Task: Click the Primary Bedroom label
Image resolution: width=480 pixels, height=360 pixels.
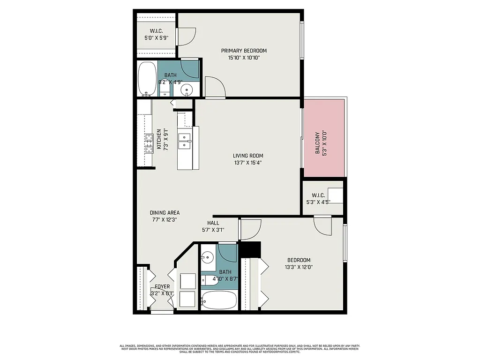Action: click(244, 51)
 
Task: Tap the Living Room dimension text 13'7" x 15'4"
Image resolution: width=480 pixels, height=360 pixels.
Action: click(248, 163)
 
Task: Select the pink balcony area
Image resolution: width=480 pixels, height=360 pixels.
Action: click(324, 143)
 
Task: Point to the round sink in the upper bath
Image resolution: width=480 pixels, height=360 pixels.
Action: click(187, 90)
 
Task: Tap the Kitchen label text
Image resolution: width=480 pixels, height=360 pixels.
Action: click(159, 139)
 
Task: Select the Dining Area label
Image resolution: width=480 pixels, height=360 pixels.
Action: click(165, 212)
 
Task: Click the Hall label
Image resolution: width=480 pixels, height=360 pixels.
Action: click(213, 223)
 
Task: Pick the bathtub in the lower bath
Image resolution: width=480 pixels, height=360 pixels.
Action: click(219, 299)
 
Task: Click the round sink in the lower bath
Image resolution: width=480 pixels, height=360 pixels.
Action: click(207, 257)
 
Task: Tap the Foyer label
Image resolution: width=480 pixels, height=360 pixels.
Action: click(162, 286)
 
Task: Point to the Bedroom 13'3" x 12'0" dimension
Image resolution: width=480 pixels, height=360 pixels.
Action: click(299, 267)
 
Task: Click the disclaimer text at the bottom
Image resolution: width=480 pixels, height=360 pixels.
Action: click(240, 349)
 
